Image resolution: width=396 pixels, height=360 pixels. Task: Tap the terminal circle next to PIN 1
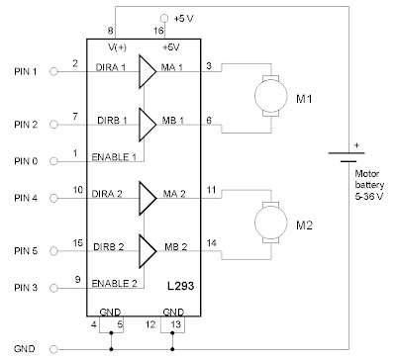click(x=53, y=71)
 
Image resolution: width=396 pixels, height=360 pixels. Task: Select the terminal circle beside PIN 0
click(x=53, y=161)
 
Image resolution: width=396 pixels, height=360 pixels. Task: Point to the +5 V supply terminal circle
click(x=164, y=19)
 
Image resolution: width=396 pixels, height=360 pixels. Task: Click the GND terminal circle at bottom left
click(x=53, y=349)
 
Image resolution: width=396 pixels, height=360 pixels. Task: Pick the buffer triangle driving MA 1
click(x=148, y=71)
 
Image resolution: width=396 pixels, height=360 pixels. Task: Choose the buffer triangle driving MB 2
click(x=148, y=251)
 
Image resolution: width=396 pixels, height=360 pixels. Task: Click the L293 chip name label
click(x=180, y=286)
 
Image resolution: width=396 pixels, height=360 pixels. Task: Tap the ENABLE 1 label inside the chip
click(x=114, y=157)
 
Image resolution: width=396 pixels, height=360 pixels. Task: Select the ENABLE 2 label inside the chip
click(x=114, y=284)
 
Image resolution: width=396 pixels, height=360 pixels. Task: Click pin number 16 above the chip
click(x=158, y=31)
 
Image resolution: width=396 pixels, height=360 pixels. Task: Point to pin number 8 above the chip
click(x=110, y=31)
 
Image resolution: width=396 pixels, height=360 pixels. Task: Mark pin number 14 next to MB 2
click(x=212, y=243)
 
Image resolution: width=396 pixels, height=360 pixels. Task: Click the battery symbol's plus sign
click(x=356, y=145)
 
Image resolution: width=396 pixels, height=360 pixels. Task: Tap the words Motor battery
click(x=369, y=179)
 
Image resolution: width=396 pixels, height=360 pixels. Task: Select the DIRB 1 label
click(x=112, y=121)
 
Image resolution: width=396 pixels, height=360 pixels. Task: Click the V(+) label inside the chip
click(x=117, y=47)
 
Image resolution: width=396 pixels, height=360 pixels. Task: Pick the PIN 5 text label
click(x=26, y=251)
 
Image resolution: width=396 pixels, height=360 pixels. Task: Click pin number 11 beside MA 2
click(x=211, y=190)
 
